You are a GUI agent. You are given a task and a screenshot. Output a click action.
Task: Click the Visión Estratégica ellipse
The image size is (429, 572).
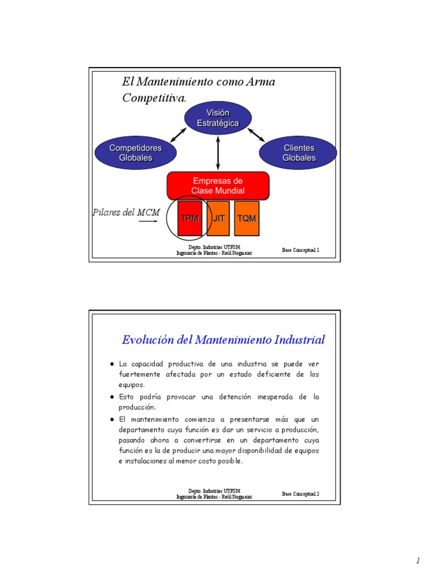[218, 118]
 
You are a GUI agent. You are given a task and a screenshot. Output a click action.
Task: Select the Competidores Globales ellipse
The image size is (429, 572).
[135, 152]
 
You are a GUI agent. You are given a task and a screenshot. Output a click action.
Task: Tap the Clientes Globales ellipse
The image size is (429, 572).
[298, 152]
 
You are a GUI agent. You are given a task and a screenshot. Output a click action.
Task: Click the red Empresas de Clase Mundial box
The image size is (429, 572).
[218, 185]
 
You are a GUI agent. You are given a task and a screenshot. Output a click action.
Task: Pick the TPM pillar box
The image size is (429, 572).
[190, 218]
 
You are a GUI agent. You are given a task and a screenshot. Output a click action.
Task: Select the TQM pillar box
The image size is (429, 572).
[246, 218]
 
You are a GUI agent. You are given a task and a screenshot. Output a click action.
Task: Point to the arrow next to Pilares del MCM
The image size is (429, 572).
[150, 222]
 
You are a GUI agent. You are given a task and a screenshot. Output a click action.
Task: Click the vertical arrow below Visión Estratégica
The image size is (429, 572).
[218, 152]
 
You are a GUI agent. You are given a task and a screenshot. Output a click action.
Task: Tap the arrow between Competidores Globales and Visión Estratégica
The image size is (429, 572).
[178, 135]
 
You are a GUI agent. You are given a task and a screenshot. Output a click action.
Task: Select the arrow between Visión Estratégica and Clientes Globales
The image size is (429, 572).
[256, 134]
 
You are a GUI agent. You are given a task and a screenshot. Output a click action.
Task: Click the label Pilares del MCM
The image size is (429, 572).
[126, 212]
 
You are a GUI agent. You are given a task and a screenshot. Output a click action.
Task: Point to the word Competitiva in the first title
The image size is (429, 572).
[153, 98]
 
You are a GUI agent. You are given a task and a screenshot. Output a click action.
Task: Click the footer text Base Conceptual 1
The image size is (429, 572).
[301, 250]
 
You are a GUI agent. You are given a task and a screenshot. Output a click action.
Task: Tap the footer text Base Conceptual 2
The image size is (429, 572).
[301, 494]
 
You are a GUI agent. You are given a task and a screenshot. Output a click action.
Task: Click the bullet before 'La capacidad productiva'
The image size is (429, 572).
[112, 364]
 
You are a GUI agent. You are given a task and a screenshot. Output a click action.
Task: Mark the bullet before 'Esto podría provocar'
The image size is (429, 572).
[112, 397]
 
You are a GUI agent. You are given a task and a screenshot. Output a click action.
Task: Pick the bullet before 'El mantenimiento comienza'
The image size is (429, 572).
[112, 419]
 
